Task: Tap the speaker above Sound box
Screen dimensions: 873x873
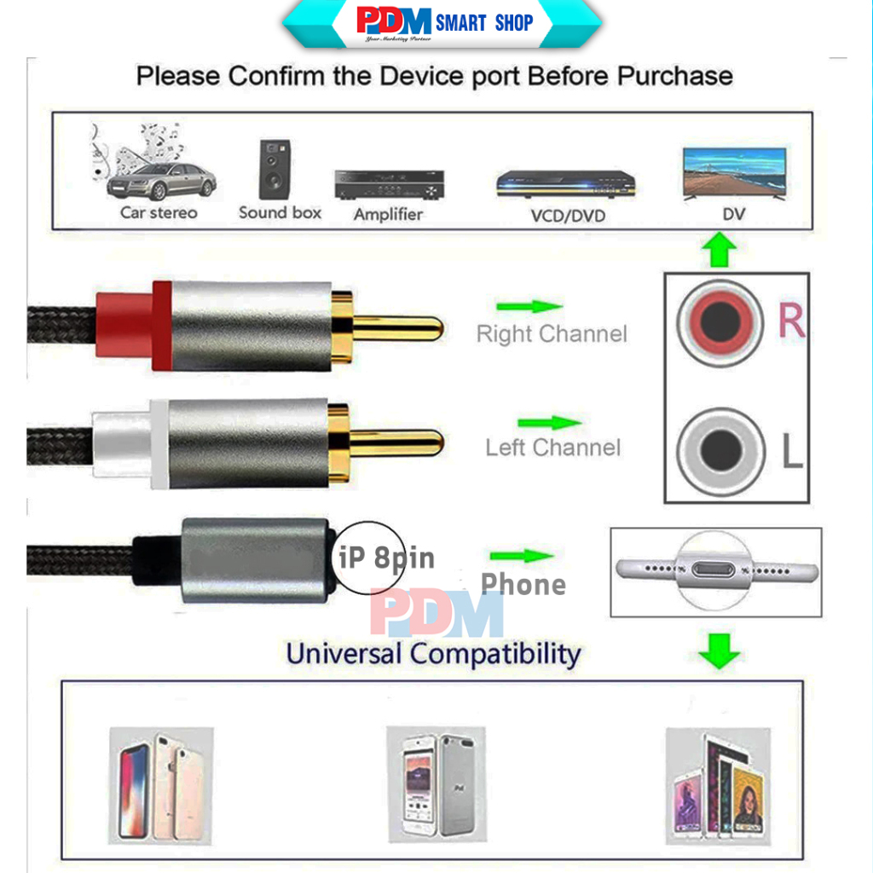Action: (x=275, y=170)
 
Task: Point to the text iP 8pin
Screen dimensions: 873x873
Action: (x=386, y=558)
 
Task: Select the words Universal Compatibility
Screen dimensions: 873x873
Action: (x=433, y=654)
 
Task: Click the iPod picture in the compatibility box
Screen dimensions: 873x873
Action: (x=436, y=782)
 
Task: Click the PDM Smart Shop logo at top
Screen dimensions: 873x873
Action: (x=442, y=23)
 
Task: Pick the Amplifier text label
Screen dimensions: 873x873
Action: (x=388, y=215)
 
